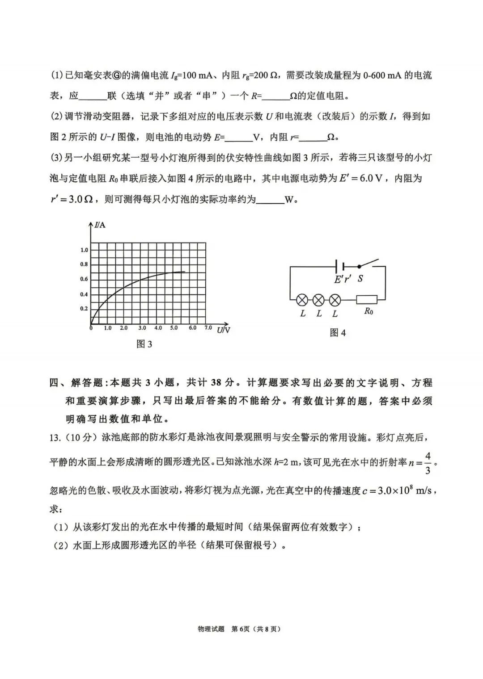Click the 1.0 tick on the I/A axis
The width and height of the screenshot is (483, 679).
pyautogui.click(x=84, y=250)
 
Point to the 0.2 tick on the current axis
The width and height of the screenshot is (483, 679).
pyautogui.click(x=84, y=309)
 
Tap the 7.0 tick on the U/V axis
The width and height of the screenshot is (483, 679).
pyautogui.click(x=208, y=328)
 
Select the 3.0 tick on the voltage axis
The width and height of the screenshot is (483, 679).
pyautogui.click(x=142, y=328)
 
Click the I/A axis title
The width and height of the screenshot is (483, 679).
pyautogui.click(x=100, y=225)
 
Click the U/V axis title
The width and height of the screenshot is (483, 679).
pyautogui.click(x=223, y=330)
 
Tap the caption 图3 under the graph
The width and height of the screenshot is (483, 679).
pyautogui.click(x=144, y=344)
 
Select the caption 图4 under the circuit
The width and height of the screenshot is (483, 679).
pyautogui.click(x=338, y=333)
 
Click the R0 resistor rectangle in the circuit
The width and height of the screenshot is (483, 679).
pyautogui.click(x=366, y=300)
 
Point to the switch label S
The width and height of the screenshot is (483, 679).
pyautogui.click(x=360, y=279)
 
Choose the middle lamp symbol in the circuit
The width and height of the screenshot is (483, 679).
pyautogui.click(x=318, y=300)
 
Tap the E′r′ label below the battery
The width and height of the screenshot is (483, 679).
pyautogui.click(x=343, y=279)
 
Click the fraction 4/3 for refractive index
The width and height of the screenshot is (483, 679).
pyautogui.click(x=428, y=463)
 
